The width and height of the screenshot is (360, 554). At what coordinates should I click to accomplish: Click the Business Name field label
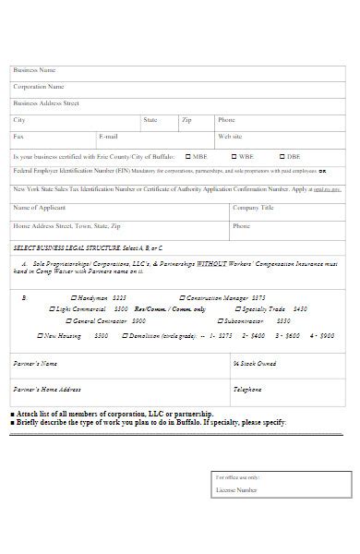(x=34, y=70)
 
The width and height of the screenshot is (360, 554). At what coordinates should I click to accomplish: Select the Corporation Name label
(x=39, y=87)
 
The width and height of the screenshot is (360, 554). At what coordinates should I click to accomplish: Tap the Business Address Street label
(x=46, y=103)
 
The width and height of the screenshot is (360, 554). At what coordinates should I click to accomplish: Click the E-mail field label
(x=108, y=137)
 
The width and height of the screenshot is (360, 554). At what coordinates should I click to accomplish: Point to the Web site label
(x=230, y=137)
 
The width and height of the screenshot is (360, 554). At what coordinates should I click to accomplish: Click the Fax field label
(x=18, y=137)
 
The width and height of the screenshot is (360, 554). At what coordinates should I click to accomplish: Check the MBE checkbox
(x=188, y=157)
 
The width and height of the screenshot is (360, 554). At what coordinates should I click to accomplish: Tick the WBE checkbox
(x=233, y=157)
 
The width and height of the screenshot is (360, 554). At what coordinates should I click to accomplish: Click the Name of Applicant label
(x=40, y=208)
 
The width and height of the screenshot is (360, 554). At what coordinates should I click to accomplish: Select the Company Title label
(x=253, y=208)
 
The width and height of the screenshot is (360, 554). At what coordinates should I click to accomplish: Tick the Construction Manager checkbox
(x=183, y=298)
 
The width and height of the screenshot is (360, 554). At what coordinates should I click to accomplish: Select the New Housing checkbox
(x=41, y=336)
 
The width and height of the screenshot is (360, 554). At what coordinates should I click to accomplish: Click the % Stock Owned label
(x=254, y=364)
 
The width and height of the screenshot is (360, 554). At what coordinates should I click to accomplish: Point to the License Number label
(x=236, y=490)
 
